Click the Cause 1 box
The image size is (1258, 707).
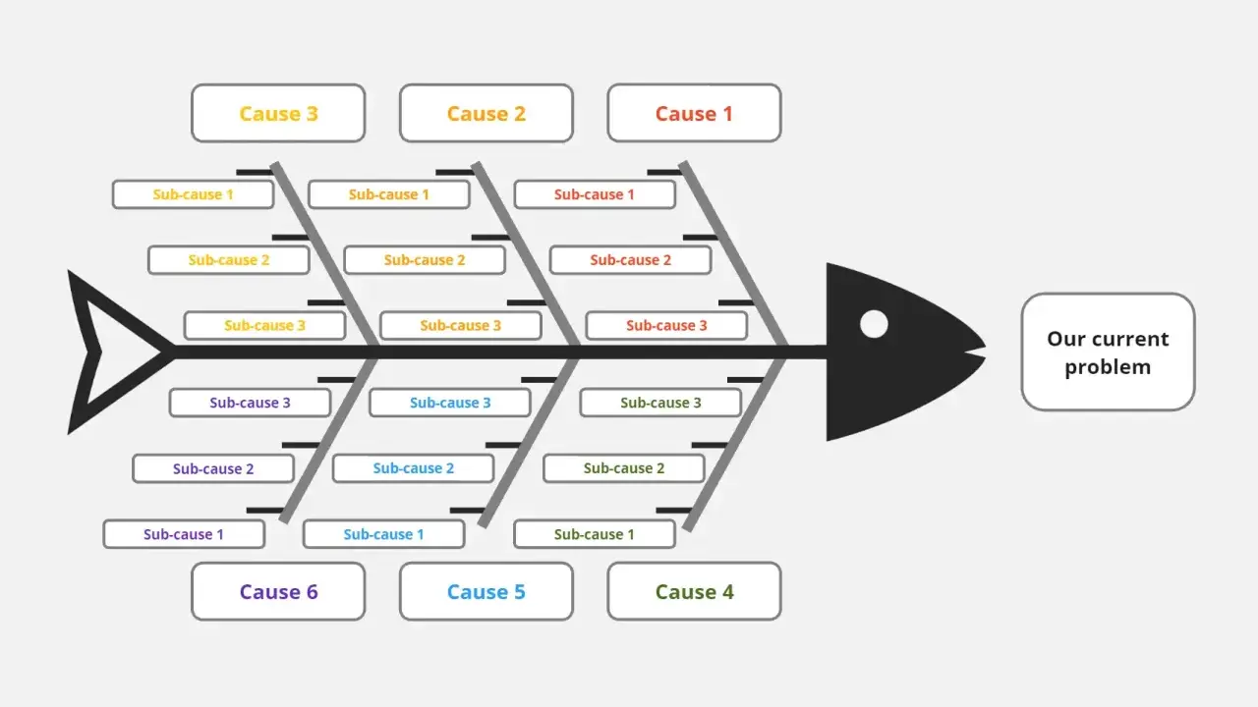pos(694,113)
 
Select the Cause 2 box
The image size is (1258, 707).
pos(486,113)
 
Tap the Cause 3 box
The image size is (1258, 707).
pos(278,113)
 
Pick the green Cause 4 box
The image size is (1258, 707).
pos(694,591)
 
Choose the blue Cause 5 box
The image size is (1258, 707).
pos(486,591)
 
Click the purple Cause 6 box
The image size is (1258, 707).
pos(278,591)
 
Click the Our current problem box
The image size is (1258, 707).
pos(1108,353)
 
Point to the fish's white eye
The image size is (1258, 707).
pos(874,324)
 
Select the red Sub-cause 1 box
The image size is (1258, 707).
pos(595,194)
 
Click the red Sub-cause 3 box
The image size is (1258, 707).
pos(666,325)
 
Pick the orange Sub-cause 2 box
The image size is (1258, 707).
pos(425,260)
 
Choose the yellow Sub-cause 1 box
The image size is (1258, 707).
pos(194,194)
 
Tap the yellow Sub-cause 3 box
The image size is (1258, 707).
pos(264,325)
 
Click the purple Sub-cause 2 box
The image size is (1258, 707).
pos(213,468)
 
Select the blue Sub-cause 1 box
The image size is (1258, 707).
pos(383,534)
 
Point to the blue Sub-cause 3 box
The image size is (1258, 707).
pos(450,403)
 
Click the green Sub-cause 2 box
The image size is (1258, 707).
pos(624,468)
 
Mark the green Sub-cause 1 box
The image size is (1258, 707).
pos(595,534)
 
